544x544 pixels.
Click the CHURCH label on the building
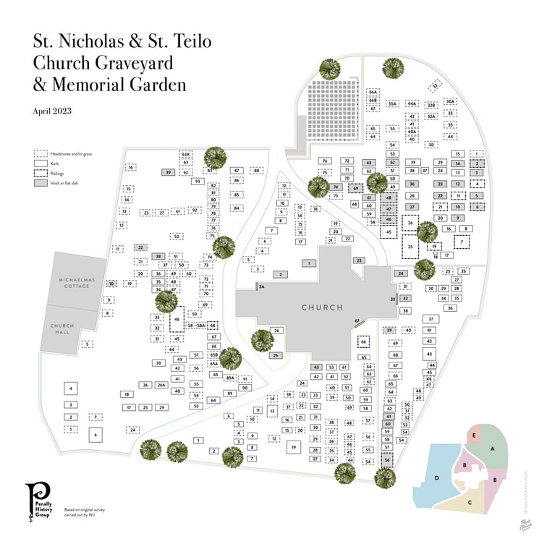(322, 307)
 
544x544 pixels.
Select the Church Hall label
(62, 329)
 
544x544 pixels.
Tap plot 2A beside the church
(262, 286)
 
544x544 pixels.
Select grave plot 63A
(186, 154)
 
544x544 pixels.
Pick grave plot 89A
(230, 378)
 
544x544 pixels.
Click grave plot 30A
(450, 102)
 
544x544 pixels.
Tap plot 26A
(161, 385)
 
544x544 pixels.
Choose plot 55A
(393, 104)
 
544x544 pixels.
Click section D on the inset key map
(436, 477)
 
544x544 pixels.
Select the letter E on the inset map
(474, 435)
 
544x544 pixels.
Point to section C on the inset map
(470, 501)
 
